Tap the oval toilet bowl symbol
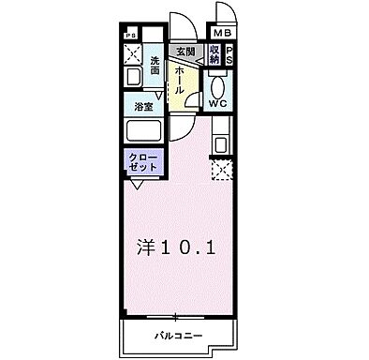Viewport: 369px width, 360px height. point(217,82)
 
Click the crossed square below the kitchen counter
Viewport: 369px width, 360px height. point(222,171)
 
